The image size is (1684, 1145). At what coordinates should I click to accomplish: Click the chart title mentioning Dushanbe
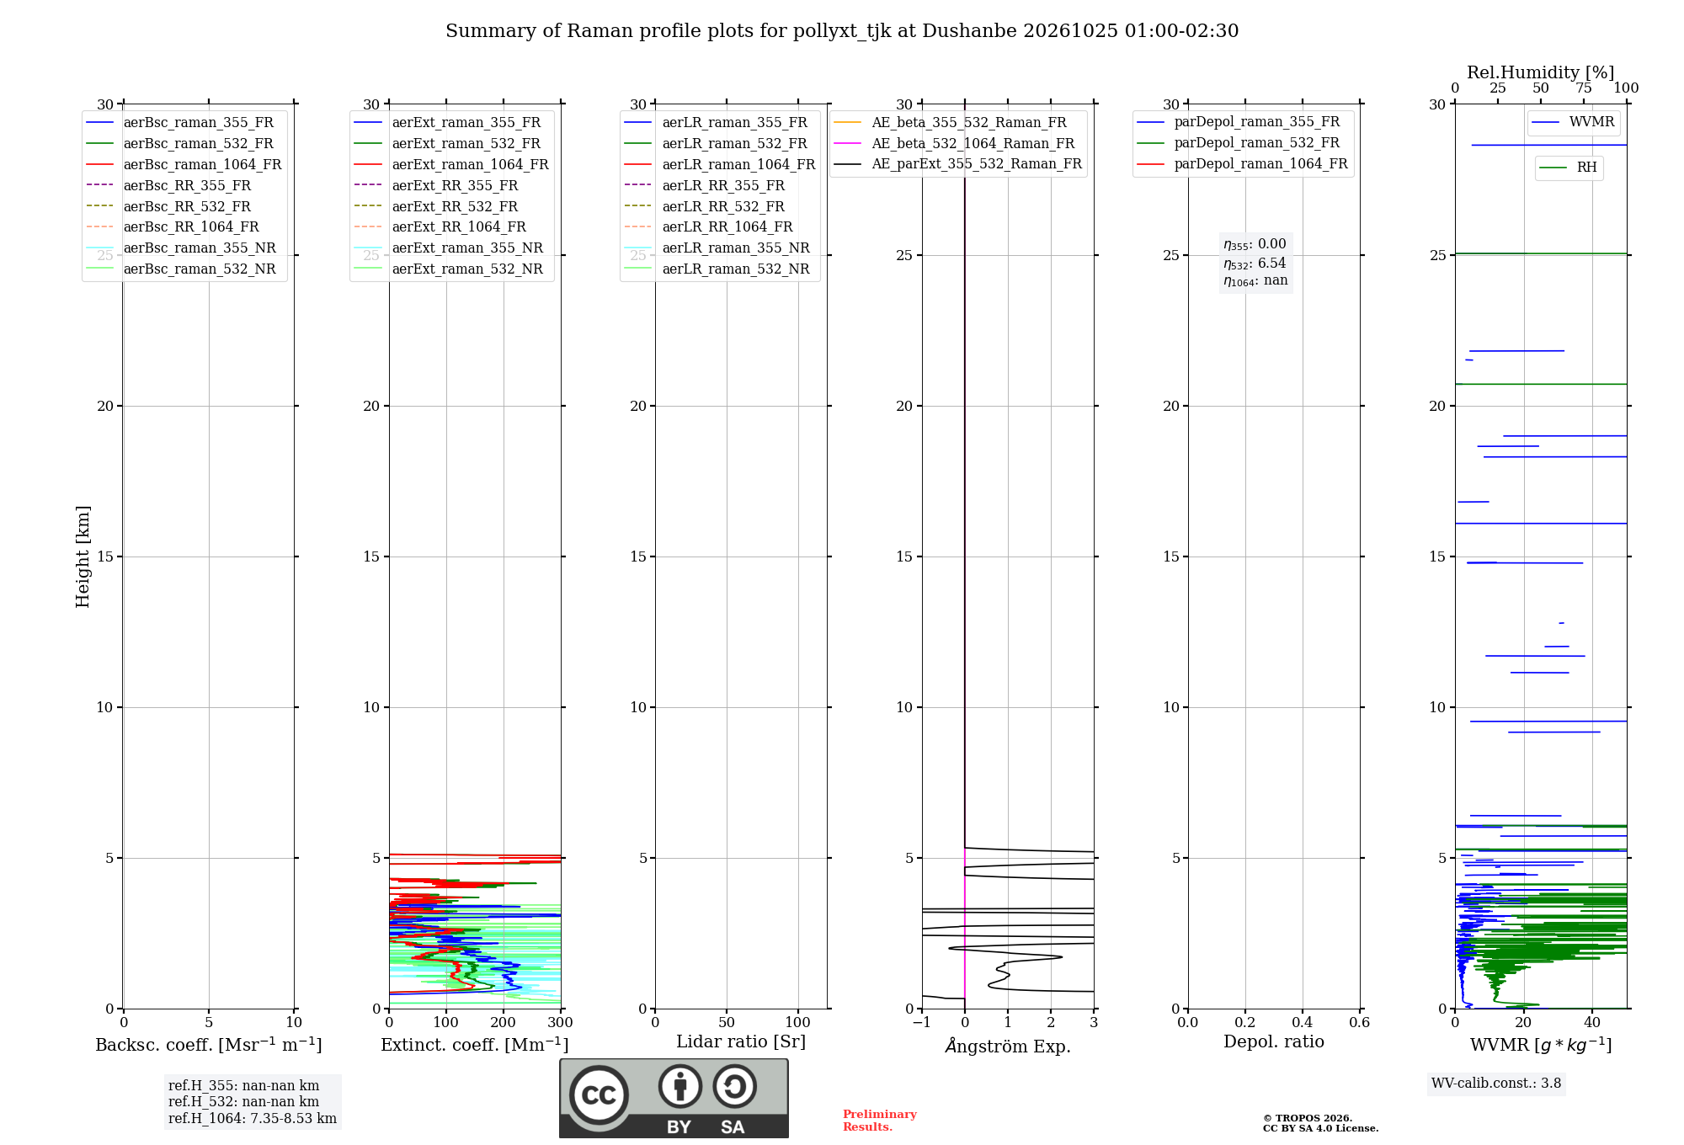coord(842,31)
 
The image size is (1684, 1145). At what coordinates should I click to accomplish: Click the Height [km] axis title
coord(83,557)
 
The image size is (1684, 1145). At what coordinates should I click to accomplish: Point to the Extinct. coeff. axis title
coord(475,1045)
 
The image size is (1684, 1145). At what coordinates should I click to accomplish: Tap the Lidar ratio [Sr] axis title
coord(741,1042)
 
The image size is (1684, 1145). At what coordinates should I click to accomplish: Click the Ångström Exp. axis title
coord(1008,1046)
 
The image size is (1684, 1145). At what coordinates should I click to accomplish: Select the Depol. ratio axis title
coord(1274,1042)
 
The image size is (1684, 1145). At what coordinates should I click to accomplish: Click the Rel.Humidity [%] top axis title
coord(1541,73)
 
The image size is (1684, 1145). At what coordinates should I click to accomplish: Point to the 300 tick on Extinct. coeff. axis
coord(560,1023)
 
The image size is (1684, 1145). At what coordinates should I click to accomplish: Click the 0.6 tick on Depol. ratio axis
coord(1360,1023)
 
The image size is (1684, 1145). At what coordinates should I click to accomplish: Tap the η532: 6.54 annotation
coord(1255,264)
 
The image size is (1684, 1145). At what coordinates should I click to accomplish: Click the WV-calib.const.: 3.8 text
coord(1496,1084)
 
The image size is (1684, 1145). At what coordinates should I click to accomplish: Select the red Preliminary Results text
coord(880,1121)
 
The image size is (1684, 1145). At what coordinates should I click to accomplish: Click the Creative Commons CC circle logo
coord(599,1094)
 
